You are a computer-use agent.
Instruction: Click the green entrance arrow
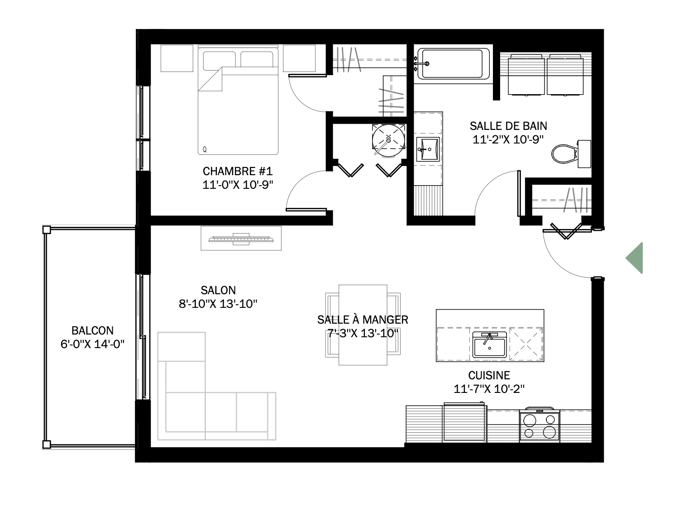click(635, 258)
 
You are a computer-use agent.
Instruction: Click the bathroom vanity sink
click(428, 149)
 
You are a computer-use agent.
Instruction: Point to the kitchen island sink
click(489, 345)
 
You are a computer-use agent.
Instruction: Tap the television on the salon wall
click(241, 239)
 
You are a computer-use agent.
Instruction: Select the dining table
click(363, 325)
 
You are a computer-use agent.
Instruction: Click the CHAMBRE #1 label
click(238, 171)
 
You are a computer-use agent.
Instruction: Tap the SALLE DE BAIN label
click(508, 126)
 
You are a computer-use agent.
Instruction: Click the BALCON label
click(92, 330)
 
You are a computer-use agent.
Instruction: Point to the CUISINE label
click(489, 375)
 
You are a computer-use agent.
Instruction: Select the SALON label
click(218, 290)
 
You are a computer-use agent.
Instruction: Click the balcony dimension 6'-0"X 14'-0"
click(92, 344)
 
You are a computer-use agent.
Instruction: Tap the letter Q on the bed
click(205, 149)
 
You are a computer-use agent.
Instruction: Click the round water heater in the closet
click(388, 141)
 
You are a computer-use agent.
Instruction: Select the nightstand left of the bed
click(177, 58)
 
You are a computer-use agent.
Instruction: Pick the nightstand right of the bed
click(299, 58)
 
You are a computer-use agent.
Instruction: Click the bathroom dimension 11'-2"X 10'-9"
click(508, 139)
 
